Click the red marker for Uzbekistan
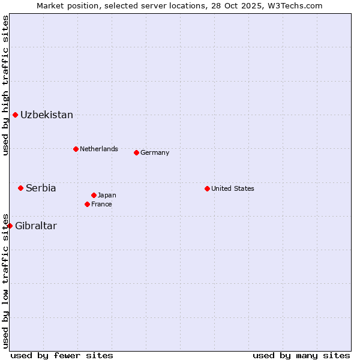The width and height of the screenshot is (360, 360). (x=15, y=115)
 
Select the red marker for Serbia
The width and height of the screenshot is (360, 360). (x=20, y=188)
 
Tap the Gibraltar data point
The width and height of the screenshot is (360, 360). (x=10, y=226)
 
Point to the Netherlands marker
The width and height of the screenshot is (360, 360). (x=76, y=149)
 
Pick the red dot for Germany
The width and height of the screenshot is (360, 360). (x=136, y=152)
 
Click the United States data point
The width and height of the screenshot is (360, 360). (x=207, y=188)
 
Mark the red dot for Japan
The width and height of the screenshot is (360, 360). (x=94, y=195)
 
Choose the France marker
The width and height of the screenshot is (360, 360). (x=87, y=204)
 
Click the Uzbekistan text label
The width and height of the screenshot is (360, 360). (x=47, y=115)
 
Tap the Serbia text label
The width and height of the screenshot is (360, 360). (x=41, y=188)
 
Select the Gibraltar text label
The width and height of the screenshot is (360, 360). (x=36, y=226)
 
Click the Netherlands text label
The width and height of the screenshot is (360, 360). (x=99, y=149)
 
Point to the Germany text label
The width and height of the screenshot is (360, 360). (x=155, y=152)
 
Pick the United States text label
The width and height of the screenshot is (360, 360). (x=233, y=188)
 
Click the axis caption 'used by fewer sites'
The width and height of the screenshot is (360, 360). (x=62, y=355)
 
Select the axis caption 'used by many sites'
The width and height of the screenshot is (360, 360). (x=301, y=355)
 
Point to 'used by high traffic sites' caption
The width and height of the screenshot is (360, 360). (x=5, y=85)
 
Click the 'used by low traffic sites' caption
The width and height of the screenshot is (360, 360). (x=5, y=281)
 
